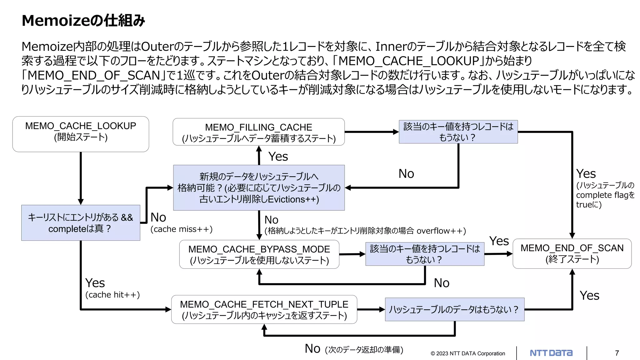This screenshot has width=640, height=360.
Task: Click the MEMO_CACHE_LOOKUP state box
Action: coord(81,134)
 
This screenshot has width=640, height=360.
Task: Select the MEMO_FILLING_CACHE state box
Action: coord(258,132)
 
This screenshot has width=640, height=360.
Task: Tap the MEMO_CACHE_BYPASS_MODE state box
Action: coord(259,254)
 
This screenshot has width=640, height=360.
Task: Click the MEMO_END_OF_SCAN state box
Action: coord(572,253)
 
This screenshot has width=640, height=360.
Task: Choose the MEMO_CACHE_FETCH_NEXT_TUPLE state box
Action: coord(264,309)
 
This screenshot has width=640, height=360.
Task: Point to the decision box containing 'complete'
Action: coord(81,223)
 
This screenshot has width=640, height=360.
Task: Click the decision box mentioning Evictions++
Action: coord(259,188)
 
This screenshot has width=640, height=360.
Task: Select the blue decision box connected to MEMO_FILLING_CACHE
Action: coord(458,132)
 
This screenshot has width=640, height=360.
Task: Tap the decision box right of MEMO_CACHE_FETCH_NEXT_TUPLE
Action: coord(454,309)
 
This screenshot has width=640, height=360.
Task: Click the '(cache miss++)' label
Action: coord(181,229)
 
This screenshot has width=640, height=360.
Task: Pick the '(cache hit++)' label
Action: coord(112,295)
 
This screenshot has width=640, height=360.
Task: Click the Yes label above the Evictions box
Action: coord(278,156)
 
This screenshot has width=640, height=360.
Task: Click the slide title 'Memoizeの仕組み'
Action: coord(83,21)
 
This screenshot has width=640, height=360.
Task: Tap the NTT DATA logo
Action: coord(551,353)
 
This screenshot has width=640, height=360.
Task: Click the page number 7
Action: coord(617,353)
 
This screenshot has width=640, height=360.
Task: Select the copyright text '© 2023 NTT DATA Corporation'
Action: coord(468,353)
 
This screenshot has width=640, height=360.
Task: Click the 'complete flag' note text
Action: coord(605,195)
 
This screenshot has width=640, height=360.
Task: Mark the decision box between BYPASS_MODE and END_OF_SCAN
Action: coord(425,254)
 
